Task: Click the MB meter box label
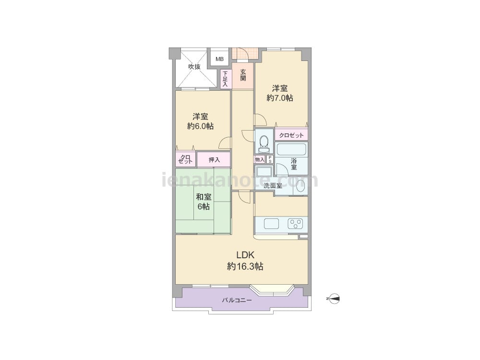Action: pos(219,60)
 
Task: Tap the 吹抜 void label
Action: pos(194,66)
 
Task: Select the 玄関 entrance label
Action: pos(243,75)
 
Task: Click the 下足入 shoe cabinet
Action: pos(225,79)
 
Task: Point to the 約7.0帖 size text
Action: pos(280,98)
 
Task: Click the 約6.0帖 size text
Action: pos(201,126)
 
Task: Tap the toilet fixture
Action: pos(264,144)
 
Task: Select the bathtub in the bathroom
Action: pos(291,149)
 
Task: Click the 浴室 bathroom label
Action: pos(294,164)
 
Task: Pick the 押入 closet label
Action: pos(214,160)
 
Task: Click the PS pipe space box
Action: pos(270,159)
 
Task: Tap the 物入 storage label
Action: pos(260,159)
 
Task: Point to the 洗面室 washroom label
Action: pos(273,185)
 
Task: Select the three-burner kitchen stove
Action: pos(295,224)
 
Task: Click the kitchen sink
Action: pos(272,224)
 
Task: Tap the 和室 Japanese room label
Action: pos(204,196)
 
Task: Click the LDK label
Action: pos(245,255)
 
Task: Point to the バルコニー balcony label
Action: pos(237,300)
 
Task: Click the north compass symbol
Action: pos(334,299)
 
